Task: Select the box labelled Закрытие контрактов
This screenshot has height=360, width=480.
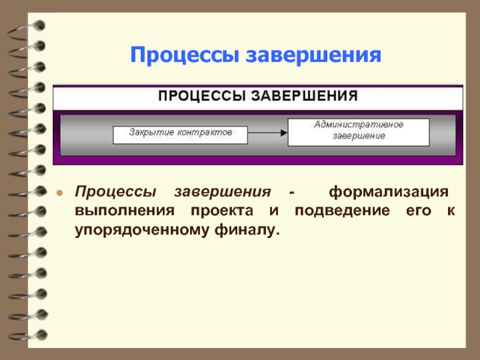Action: [x=180, y=134]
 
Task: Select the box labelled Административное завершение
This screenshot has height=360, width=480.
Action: [x=359, y=132]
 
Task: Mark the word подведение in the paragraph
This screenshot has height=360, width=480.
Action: [x=341, y=211]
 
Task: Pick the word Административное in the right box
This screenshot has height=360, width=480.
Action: [x=359, y=125]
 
